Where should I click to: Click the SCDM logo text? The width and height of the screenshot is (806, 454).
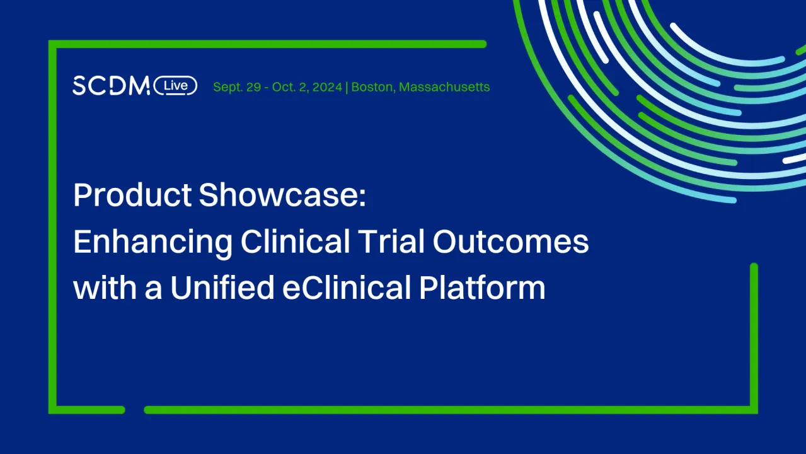pos(111,86)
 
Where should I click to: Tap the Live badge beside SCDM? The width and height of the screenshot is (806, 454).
pos(175,86)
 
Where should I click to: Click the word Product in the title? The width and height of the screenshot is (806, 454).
pos(132,196)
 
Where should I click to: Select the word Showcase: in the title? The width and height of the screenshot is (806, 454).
pos(282,196)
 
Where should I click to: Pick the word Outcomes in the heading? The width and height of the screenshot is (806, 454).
pos(511,242)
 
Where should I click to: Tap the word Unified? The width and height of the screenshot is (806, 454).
pos(222,288)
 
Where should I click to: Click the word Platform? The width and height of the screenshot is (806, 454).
pos(482,288)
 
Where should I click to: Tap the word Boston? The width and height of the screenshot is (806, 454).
pos(372,87)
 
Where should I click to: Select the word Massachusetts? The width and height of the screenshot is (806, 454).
pos(444,87)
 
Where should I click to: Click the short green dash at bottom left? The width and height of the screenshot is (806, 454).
pos(88,410)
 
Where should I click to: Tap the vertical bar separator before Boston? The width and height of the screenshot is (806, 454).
pos(347,87)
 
